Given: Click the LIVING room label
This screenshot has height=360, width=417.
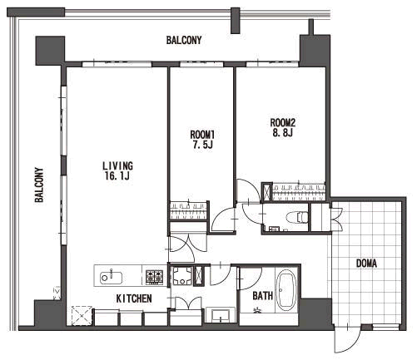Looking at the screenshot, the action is click(117, 165).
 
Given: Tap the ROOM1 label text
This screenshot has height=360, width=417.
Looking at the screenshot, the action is click(202, 135).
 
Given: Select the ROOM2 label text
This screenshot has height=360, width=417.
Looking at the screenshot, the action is click(283, 122).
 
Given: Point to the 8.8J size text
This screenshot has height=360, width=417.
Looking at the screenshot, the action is click(282, 133).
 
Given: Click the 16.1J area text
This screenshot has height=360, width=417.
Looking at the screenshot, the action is click(117, 176).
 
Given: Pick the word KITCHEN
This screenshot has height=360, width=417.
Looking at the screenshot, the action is click(134, 298).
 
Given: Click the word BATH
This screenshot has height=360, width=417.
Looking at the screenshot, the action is click(263, 296).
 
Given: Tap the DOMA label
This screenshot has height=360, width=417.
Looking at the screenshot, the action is click(366, 264).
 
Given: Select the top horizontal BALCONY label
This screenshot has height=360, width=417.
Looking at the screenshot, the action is click(184, 40).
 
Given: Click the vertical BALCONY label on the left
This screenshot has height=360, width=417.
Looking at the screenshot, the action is click(39, 185).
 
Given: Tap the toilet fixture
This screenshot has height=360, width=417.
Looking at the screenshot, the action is click(299, 216).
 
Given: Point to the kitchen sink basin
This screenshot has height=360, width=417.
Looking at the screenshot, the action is click(111, 278).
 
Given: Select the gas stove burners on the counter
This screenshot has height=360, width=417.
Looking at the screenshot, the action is click(154, 276).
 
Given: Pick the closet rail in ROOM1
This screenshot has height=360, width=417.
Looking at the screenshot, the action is click(188, 211).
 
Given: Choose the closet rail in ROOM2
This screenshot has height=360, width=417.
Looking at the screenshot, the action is click(299, 191).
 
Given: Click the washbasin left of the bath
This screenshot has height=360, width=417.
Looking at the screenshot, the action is click(221, 315).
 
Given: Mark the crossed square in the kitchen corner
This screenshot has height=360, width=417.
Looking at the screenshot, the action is click(82, 316).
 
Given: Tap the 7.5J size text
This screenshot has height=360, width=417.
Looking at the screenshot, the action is click(202, 145).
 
